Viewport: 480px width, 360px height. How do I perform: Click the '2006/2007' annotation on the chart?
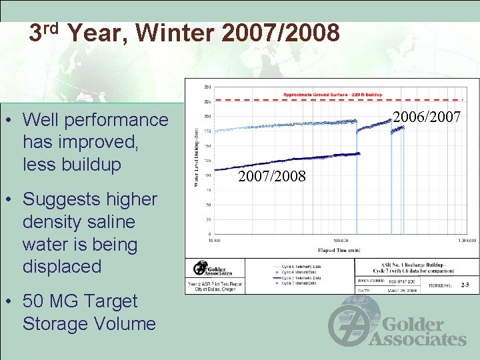[426, 117]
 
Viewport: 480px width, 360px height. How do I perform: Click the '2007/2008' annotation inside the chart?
[272, 176]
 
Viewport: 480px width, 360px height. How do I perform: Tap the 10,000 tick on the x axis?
[215, 240]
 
